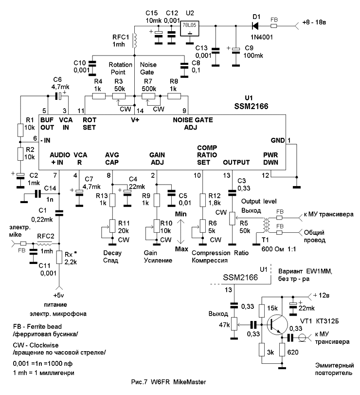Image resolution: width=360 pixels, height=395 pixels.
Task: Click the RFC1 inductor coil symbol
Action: click(135, 40)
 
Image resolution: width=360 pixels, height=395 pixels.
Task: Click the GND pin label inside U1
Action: click(276, 140)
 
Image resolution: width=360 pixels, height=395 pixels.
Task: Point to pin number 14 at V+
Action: click(140, 111)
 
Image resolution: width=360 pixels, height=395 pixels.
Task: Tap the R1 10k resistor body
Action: click(20, 131)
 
